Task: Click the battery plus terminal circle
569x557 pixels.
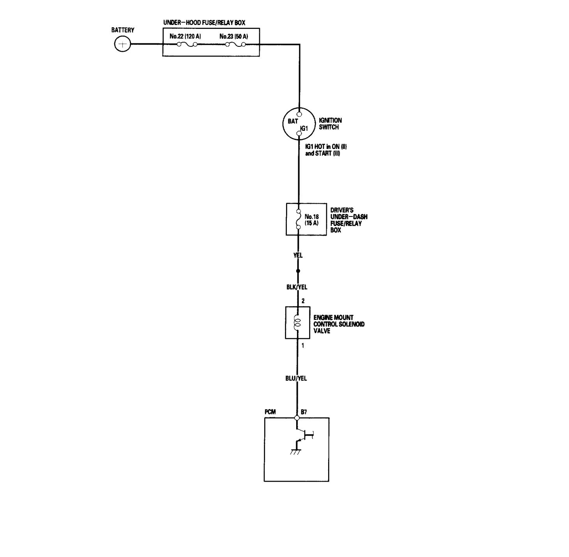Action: pyautogui.click(x=122, y=44)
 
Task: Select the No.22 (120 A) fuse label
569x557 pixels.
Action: pyautogui.click(x=185, y=37)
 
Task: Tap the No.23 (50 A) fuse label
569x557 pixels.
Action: pyautogui.click(x=233, y=37)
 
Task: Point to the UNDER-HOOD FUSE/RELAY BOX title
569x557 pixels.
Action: pyautogui.click(x=204, y=23)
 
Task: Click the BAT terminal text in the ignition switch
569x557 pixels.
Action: pyautogui.click(x=293, y=121)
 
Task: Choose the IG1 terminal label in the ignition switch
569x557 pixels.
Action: pyautogui.click(x=304, y=128)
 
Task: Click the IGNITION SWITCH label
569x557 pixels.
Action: pyautogui.click(x=330, y=124)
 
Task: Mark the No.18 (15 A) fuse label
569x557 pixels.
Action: pyautogui.click(x=312, y=220)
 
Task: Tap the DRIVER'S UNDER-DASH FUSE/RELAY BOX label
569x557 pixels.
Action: pyautogui.click(x=348, y=220)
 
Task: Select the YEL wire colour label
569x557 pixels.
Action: pyautogui.click(x=298, y=255)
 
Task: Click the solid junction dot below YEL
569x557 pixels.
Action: pyautogui.click(x=298, y=271)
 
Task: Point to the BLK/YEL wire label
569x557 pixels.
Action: pyautogui.click(x=297, y=287)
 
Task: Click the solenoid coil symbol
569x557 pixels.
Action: pyautogui.click(x=298, y=323)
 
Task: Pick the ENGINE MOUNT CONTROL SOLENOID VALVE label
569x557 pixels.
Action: pyautogui.click(x=339, y=324)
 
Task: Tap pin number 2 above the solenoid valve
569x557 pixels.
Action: pyautogui.click(x=303, y=301)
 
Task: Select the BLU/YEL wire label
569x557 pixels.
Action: pyautogui.click(x=296, y=378)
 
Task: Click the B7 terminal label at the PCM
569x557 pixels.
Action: pyautogui.click(x=304, y=412)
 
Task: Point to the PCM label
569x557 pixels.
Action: pyautogui.click(x=270, y=412)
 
